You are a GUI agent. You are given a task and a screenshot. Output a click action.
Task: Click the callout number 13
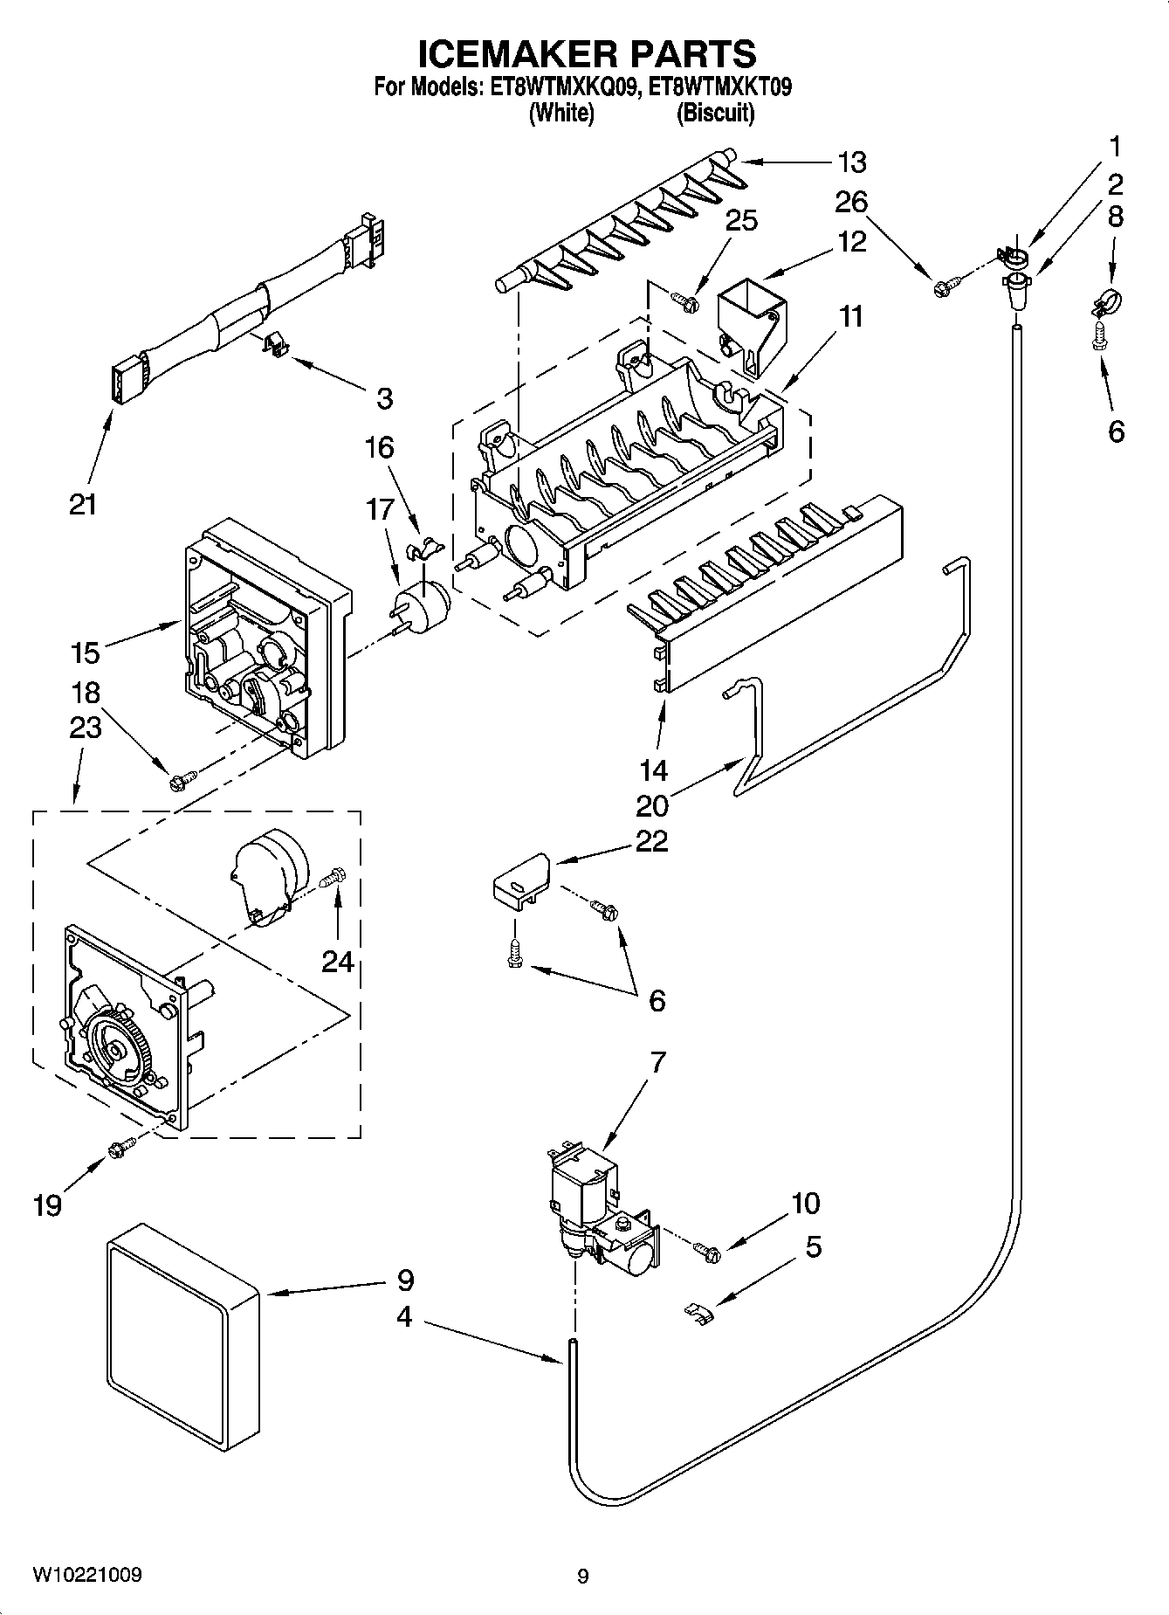851,162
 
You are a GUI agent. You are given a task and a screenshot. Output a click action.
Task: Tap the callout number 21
83,504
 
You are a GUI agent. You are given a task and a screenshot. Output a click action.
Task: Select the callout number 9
404,1280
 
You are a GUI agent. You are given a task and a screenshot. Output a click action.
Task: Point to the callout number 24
338,962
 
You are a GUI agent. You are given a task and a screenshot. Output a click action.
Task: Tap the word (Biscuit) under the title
715,113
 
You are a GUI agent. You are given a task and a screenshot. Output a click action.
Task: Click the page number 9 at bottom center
583,1576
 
